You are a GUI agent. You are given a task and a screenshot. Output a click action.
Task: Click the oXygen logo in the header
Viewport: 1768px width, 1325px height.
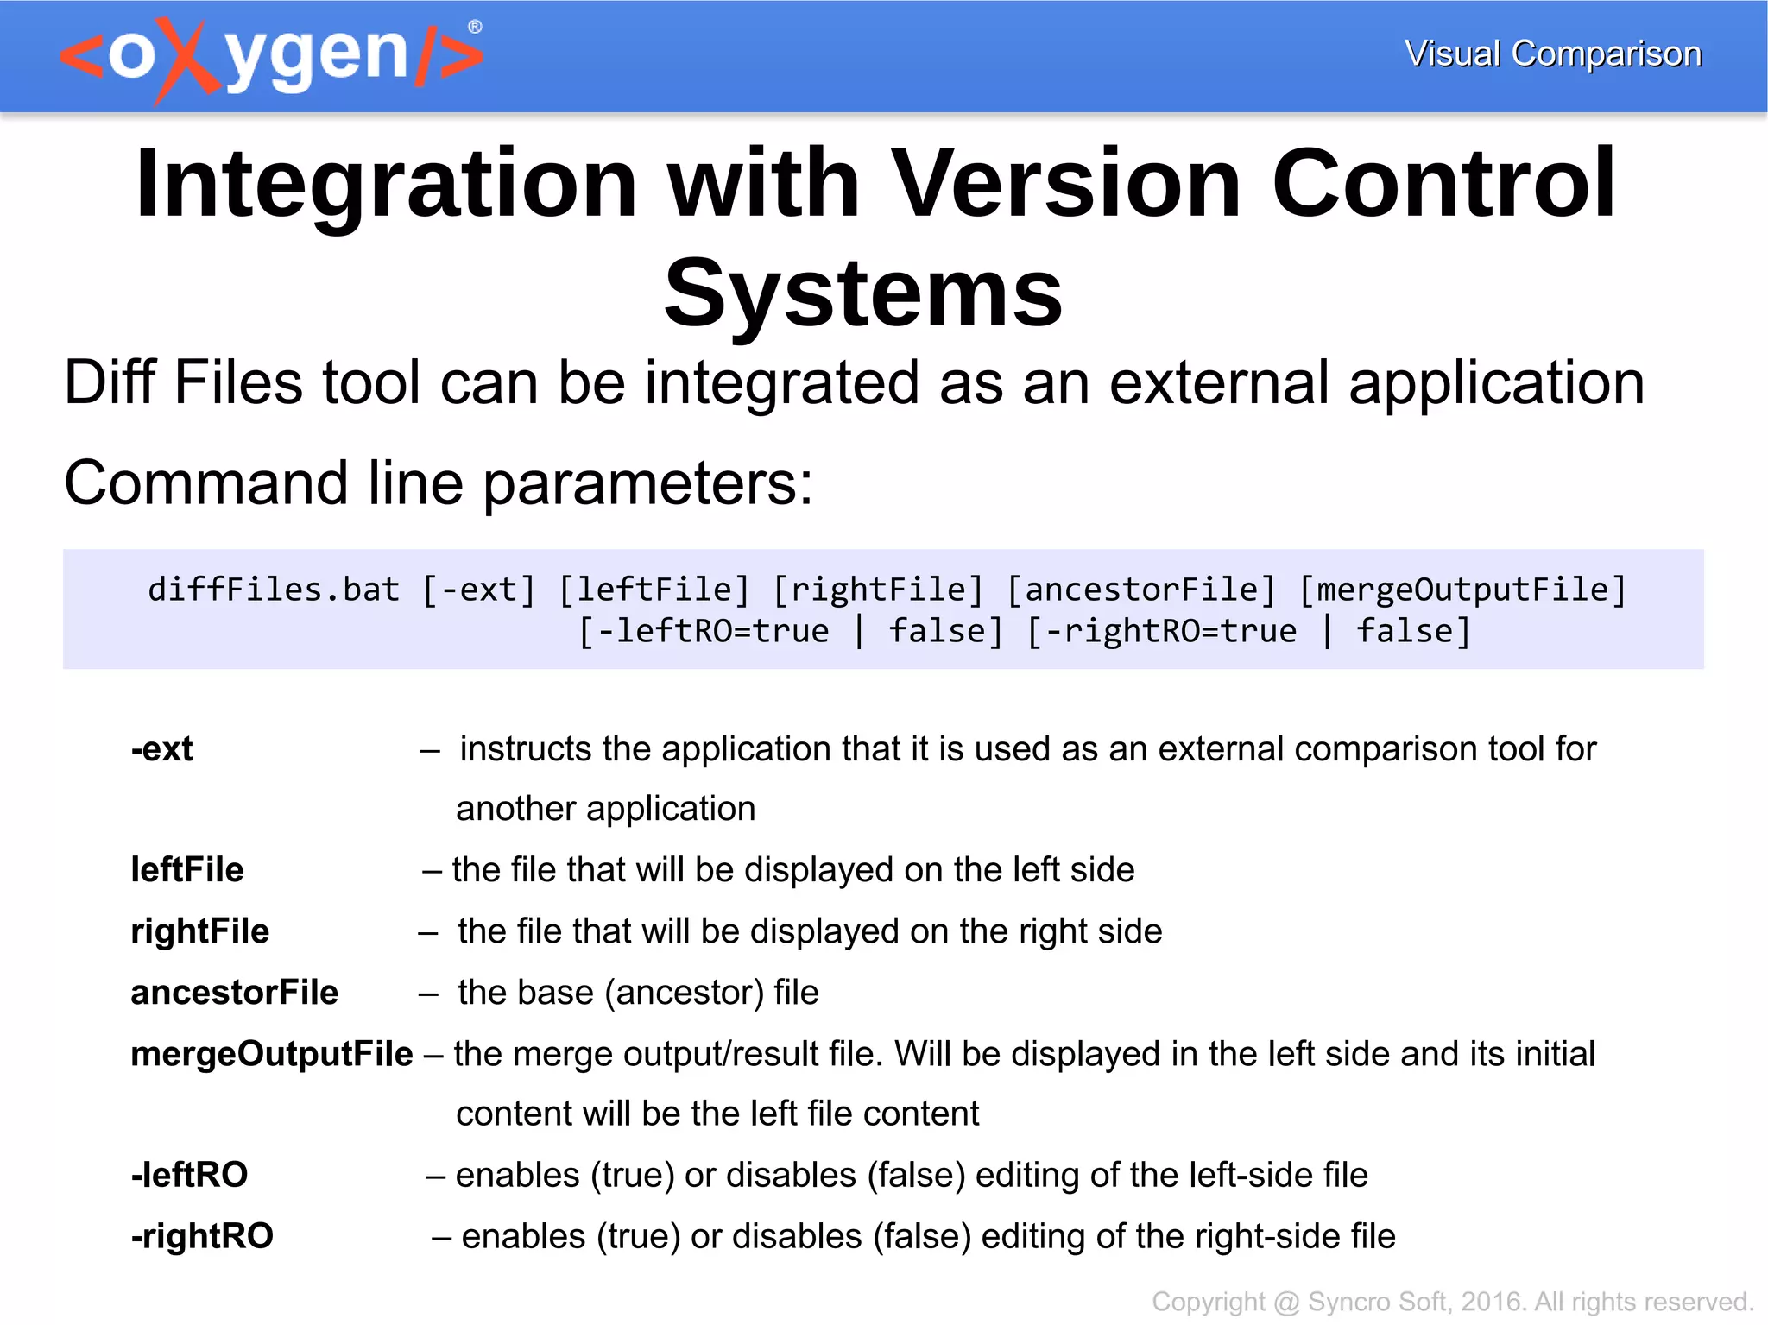[x=271, y=57]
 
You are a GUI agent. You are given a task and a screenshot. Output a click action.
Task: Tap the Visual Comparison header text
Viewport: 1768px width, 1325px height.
[x=1552, y=54]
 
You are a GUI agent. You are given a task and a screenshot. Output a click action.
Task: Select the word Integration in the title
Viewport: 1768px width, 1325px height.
[x=387, y=183]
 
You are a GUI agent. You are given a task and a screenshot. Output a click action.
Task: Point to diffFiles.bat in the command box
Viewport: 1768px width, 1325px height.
[x=274, y=590]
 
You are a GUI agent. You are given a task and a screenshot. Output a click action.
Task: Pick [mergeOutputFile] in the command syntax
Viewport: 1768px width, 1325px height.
[x=1462, y=590]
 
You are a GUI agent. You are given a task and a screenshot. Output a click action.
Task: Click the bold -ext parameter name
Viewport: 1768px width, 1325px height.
[x=162, y=749]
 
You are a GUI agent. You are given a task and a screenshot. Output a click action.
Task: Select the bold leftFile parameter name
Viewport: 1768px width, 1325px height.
[x=187, y=870]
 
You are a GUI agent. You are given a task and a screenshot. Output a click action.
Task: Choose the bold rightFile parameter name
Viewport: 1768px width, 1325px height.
[x=200, y=931]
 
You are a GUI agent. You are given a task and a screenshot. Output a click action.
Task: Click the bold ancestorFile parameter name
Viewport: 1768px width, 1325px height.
[x=235, y=993]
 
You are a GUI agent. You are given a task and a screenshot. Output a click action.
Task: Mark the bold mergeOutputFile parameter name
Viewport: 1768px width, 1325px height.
[x=272, y=1054]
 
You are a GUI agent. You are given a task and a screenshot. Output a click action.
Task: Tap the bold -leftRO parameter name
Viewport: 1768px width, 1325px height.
[x=190, y=1175]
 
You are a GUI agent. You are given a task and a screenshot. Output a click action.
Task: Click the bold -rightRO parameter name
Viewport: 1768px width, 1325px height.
[x=202, y=1236]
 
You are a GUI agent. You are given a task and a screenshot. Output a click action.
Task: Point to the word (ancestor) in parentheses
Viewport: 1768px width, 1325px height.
[x=685, y=993]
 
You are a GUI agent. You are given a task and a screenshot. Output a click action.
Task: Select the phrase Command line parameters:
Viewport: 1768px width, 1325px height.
[x=439, y=483]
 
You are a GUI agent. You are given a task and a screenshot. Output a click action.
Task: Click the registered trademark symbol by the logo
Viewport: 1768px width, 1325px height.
[x=475, y=27]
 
